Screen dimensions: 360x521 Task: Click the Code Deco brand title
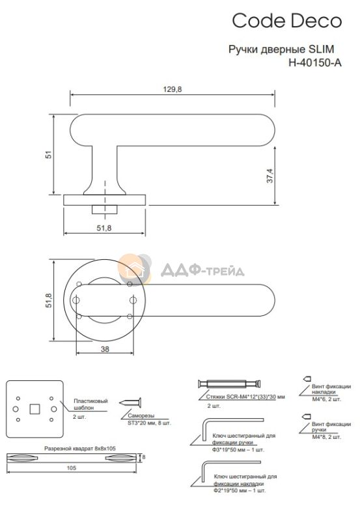(286, 21)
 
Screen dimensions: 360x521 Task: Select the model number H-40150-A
(315, 63)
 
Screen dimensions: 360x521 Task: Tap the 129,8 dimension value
(173, 89)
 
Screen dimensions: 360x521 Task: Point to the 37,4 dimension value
(270, 176)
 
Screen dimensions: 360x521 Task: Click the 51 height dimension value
(49, 154)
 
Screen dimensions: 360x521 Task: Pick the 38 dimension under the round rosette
(105, 349)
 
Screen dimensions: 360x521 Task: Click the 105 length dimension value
(72, 468)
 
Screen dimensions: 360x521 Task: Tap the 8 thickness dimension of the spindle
(143, 457)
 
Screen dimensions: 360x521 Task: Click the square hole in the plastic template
(35, 409)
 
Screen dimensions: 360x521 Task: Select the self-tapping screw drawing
(130, 402)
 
